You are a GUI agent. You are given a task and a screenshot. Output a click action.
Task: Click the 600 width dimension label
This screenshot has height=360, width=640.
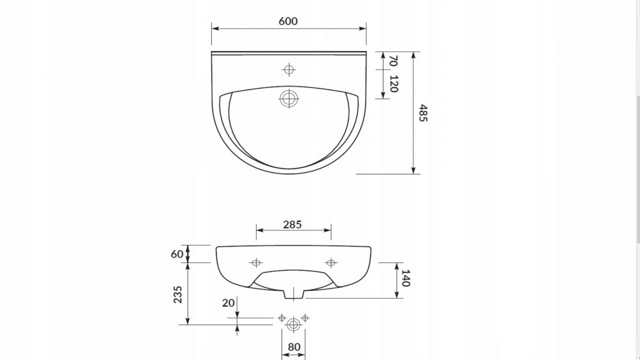(288, 21)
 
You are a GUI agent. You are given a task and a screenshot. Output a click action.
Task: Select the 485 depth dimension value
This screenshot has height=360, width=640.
(423, 113)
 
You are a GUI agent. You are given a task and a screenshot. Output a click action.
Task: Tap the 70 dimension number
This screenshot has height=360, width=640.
(394, 61)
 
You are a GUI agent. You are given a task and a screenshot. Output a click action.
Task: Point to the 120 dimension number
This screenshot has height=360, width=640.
(394, 84)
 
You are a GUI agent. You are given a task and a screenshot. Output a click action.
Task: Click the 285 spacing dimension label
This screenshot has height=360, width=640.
(292, 225)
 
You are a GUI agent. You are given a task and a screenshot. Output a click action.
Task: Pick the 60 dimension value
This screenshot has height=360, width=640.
(177, 254)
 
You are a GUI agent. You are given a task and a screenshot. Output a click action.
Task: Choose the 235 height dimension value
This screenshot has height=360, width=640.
(178, 294)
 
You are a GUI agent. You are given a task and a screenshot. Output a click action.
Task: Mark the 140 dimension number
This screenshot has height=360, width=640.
(406, 278)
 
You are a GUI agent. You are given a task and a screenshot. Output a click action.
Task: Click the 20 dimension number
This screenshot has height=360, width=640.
(228, 303)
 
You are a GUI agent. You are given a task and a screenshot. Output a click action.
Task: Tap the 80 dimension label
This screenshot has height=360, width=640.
(294, 347)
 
